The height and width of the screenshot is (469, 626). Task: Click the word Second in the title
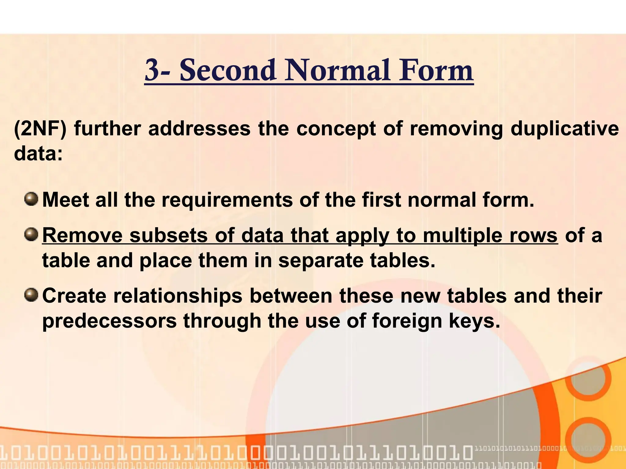[x=227, y=71]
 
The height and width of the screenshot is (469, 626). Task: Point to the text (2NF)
[x=40, y=129]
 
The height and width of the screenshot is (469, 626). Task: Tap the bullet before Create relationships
[x=31, y=295]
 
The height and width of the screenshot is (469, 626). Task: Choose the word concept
[x=336, y=129]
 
